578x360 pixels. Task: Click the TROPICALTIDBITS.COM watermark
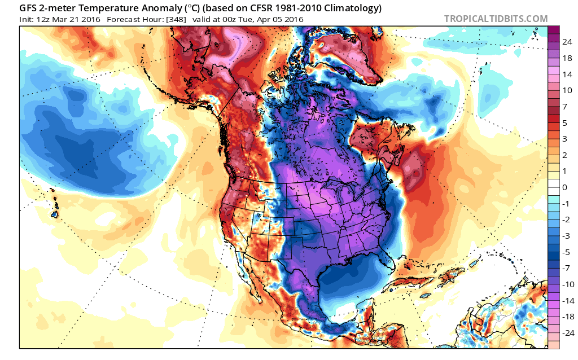click(x=496, y=19)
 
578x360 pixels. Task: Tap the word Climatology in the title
click(x=351, y=8)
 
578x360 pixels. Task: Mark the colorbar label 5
click(x=564, y=122)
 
